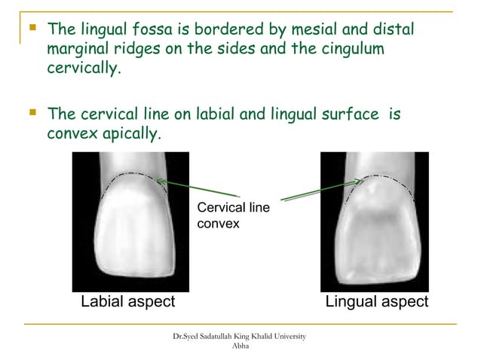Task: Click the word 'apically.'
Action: point(130,135)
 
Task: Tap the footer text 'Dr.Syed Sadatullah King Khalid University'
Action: point(239,334)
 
